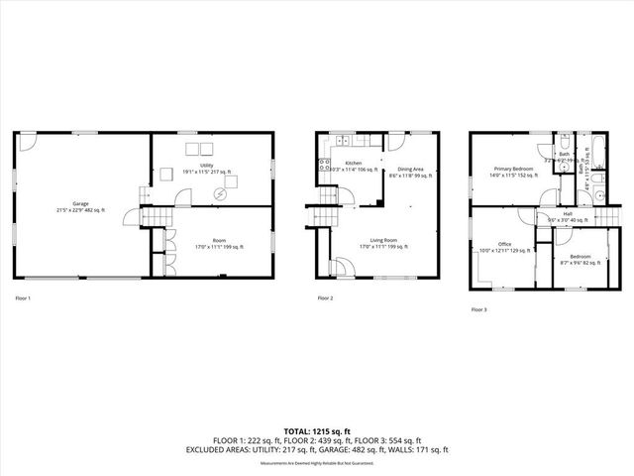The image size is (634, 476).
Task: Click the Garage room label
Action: point(80,202)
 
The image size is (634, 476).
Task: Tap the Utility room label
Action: point(207,165)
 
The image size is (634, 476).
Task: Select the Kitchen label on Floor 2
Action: point(353,163)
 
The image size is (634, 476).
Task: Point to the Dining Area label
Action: point(411,170)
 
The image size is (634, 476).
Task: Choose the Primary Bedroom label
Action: point(514,170)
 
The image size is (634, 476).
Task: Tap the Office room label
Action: point(504,244)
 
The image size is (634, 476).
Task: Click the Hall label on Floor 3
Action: point(568,212)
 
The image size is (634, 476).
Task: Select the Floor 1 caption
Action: point(23,297)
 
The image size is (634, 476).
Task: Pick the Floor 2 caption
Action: point(325,297)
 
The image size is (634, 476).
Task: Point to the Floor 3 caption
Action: point(478,309)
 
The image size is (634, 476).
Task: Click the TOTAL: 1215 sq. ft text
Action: point(317,431)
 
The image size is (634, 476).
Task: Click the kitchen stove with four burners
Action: point(323,166)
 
